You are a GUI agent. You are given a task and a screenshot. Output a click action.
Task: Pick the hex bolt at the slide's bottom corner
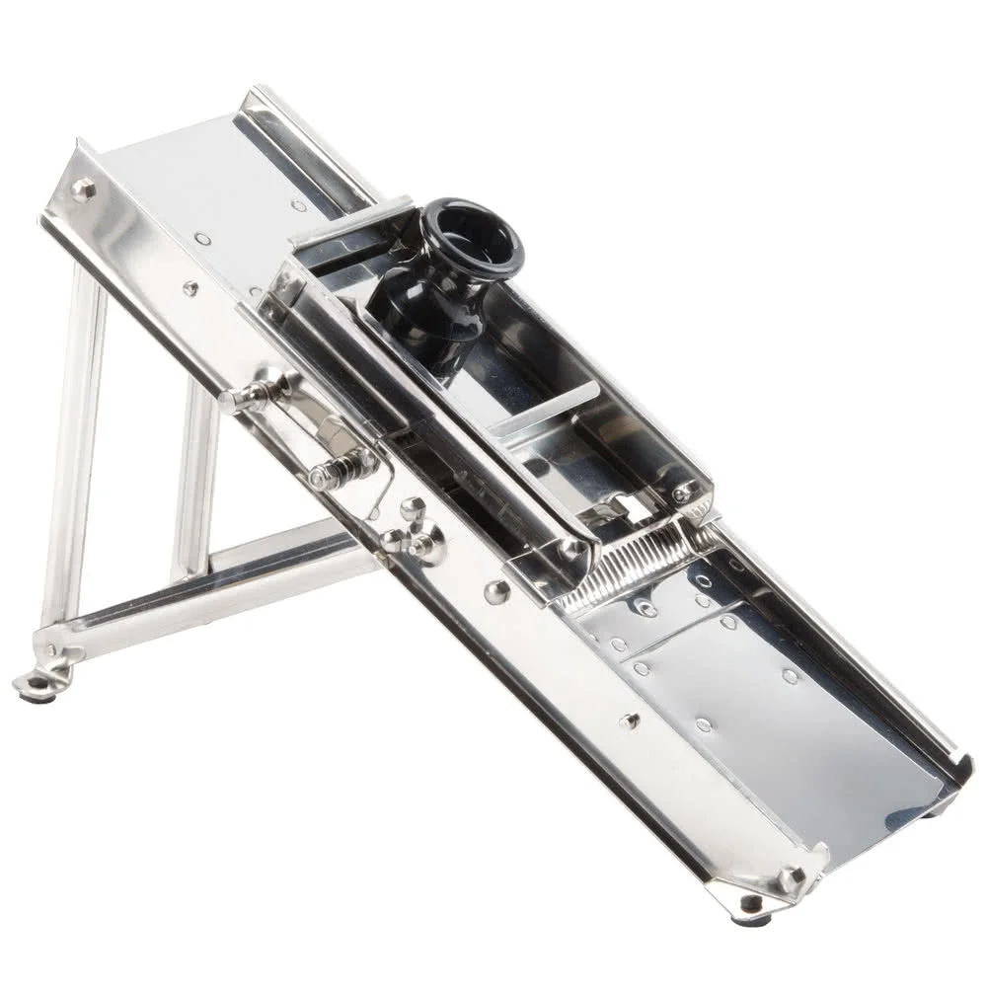tap(789, 877)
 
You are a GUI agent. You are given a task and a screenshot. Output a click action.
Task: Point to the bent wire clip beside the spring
tap(380, 493)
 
